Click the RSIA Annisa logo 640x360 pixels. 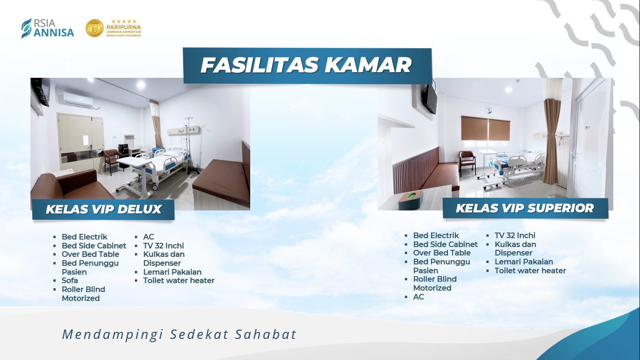point(47,28)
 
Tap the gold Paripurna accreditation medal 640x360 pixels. point(95,28)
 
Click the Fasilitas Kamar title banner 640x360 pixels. point(307,66)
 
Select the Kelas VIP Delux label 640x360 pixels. point(103,210)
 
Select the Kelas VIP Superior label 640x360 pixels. point(525,208)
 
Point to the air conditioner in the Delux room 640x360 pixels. point(78,99)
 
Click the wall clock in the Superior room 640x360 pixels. point(489,110)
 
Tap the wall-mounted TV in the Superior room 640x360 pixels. point(430,99)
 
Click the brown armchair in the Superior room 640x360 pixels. point(468,162)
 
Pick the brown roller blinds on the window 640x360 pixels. point(485,128)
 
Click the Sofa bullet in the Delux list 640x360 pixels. point(70,280)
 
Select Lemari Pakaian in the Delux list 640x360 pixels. point(172,272)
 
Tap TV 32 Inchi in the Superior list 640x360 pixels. point(515,236)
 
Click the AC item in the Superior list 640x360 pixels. point(418,297)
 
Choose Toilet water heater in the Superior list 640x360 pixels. point(530,270)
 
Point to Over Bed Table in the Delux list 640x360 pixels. point(90,254)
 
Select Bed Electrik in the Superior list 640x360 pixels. point(436,236)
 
